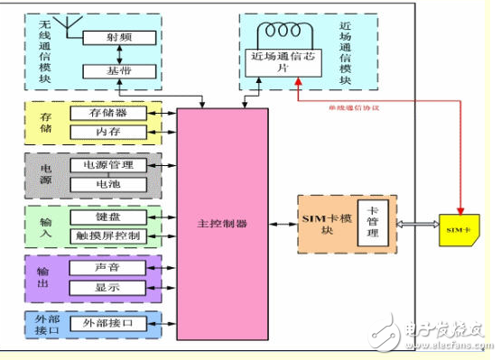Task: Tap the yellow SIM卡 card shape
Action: pyautogui.click(x=459, y=230)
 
